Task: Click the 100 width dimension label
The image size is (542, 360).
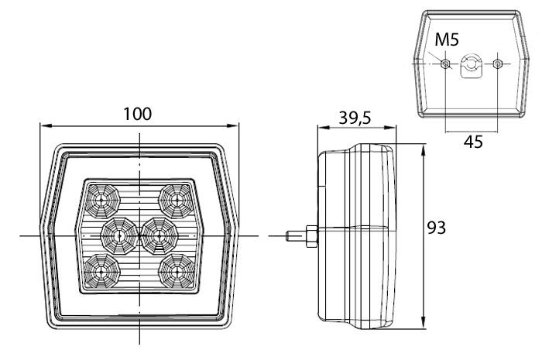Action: pyautogui.click(x=138, y=114)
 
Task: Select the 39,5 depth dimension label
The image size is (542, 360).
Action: pyautogui.click(x=355, y=118)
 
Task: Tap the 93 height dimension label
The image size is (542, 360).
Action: pyautogui.click(x=436, y=228)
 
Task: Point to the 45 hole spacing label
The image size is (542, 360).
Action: pyautogui.click(x=473, y=142)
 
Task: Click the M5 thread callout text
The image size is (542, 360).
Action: pyautogui.click(x=447, y=39)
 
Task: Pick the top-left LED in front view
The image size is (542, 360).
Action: pyautogui.click(x=102, y=201)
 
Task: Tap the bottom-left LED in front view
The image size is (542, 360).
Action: pyautogui.click(x=102, y=271)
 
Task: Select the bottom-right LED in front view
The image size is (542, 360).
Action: pyautogui.click(x=177, y=271)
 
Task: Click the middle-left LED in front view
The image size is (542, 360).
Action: pyautogui.click(x=119, y=236)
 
